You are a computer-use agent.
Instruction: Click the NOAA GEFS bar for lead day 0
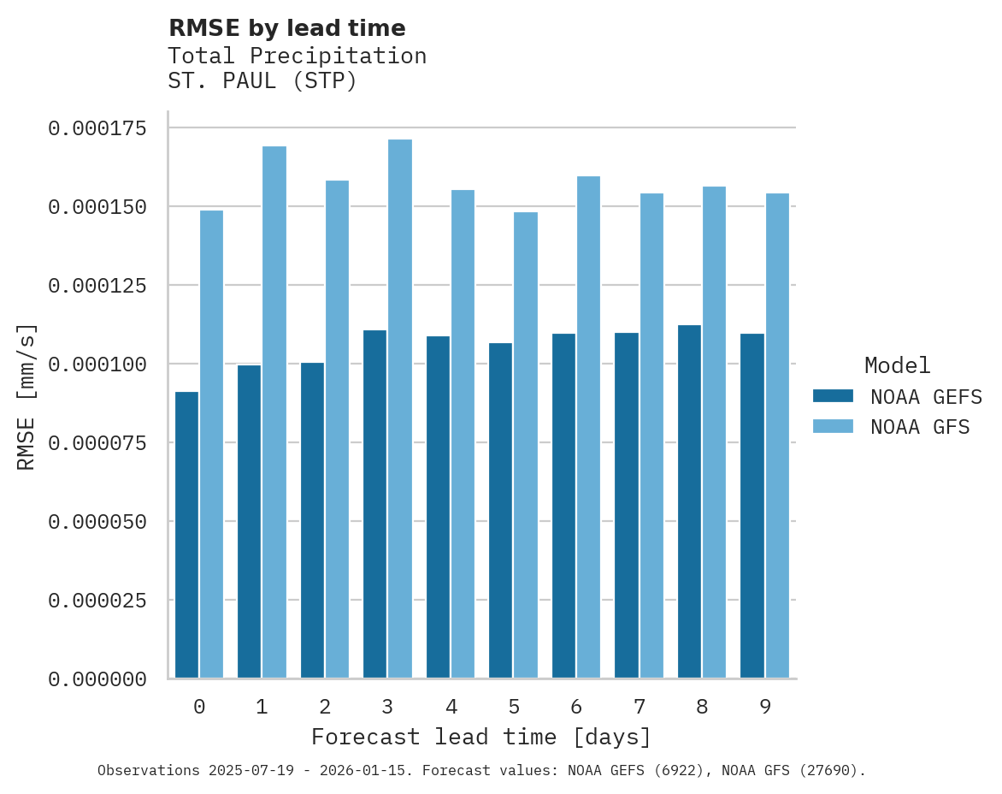186,535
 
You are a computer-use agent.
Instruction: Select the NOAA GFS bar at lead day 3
400,409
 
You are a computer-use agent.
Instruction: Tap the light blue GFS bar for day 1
274,412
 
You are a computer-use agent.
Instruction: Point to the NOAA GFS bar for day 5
526,445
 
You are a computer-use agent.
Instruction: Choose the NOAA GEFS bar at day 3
374,504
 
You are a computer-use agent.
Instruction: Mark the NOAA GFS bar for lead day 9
777,436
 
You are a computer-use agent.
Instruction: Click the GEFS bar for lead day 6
563,506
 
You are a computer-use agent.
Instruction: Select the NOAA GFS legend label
920,427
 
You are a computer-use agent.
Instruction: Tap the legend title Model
897,366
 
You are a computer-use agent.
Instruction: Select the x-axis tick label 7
639,707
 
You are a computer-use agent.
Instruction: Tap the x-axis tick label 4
451,707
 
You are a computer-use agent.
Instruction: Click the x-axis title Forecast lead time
480,737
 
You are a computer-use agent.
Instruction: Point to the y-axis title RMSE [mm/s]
27,397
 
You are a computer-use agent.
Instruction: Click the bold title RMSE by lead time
286,28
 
